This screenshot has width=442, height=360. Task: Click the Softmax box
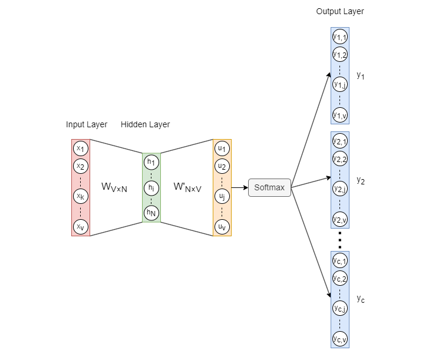tap(269, 188)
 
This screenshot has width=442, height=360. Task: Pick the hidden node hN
tap(151, 213)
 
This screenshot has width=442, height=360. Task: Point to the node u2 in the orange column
tap(222, 166)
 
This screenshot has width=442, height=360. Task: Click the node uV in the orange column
tap(222, 227)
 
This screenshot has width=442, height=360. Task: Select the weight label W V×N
tap(114, 187)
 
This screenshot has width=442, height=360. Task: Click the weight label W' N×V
tap(187, 187)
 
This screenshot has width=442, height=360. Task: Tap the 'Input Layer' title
tap(87, 124)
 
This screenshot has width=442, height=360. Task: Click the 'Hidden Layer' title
tap(145, 124)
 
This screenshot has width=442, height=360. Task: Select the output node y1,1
tap(339, 37)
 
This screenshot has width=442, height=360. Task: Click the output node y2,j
tap(339, 189)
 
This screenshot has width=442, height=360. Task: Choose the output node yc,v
tap(339, 339)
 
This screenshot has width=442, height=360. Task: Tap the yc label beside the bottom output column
tap(361, 300)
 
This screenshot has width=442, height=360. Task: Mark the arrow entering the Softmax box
tap(239, 188)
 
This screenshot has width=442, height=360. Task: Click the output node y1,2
tap(339, 55)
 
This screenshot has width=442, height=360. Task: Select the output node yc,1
tap(339, 260)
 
